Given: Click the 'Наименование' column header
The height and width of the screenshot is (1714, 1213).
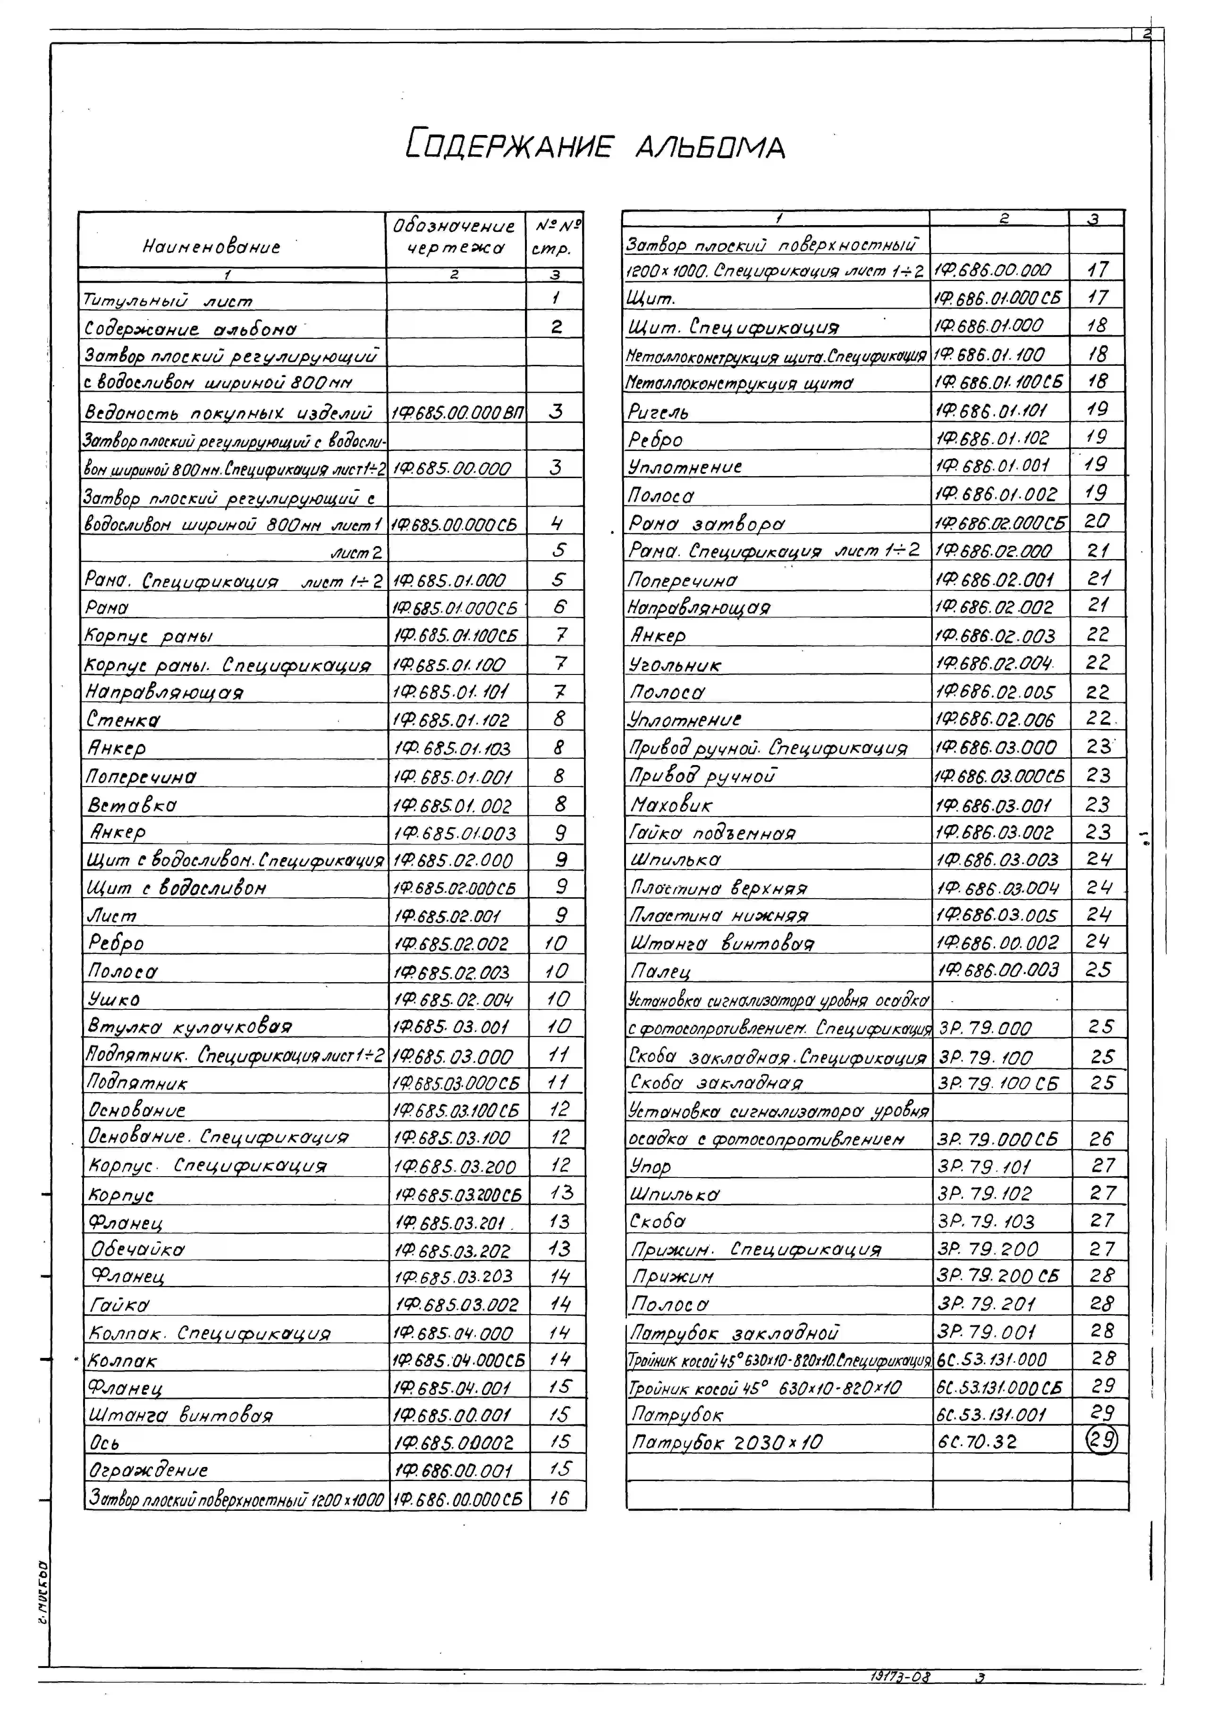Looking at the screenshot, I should pyautogui.click(x=211, y=246).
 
